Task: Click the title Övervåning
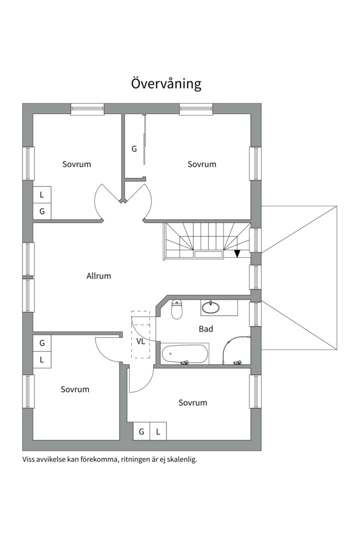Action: tap(166, 83)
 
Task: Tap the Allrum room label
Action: tap(99, 276)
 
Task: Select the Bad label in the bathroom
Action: tap(206, 329)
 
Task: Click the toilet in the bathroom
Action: tap(176, 309)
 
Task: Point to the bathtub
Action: tap(184, 353)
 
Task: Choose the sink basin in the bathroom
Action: tap(210, 307)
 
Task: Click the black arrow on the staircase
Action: tap(237, 253)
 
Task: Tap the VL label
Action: tap(140, 341)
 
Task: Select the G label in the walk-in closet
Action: tap(134, 149)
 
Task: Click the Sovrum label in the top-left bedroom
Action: tap(76, 164)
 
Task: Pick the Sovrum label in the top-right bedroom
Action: tap(202, 164)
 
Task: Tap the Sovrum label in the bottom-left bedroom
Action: tap(75, 389)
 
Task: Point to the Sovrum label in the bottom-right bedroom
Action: tap(192, 403)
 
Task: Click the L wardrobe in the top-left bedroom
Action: tap(42, 195)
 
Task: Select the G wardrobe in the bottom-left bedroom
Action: tap(42, 343)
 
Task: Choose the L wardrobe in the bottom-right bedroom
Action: tap(158, 431)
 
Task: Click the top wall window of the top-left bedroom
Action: tap(87, 109)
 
